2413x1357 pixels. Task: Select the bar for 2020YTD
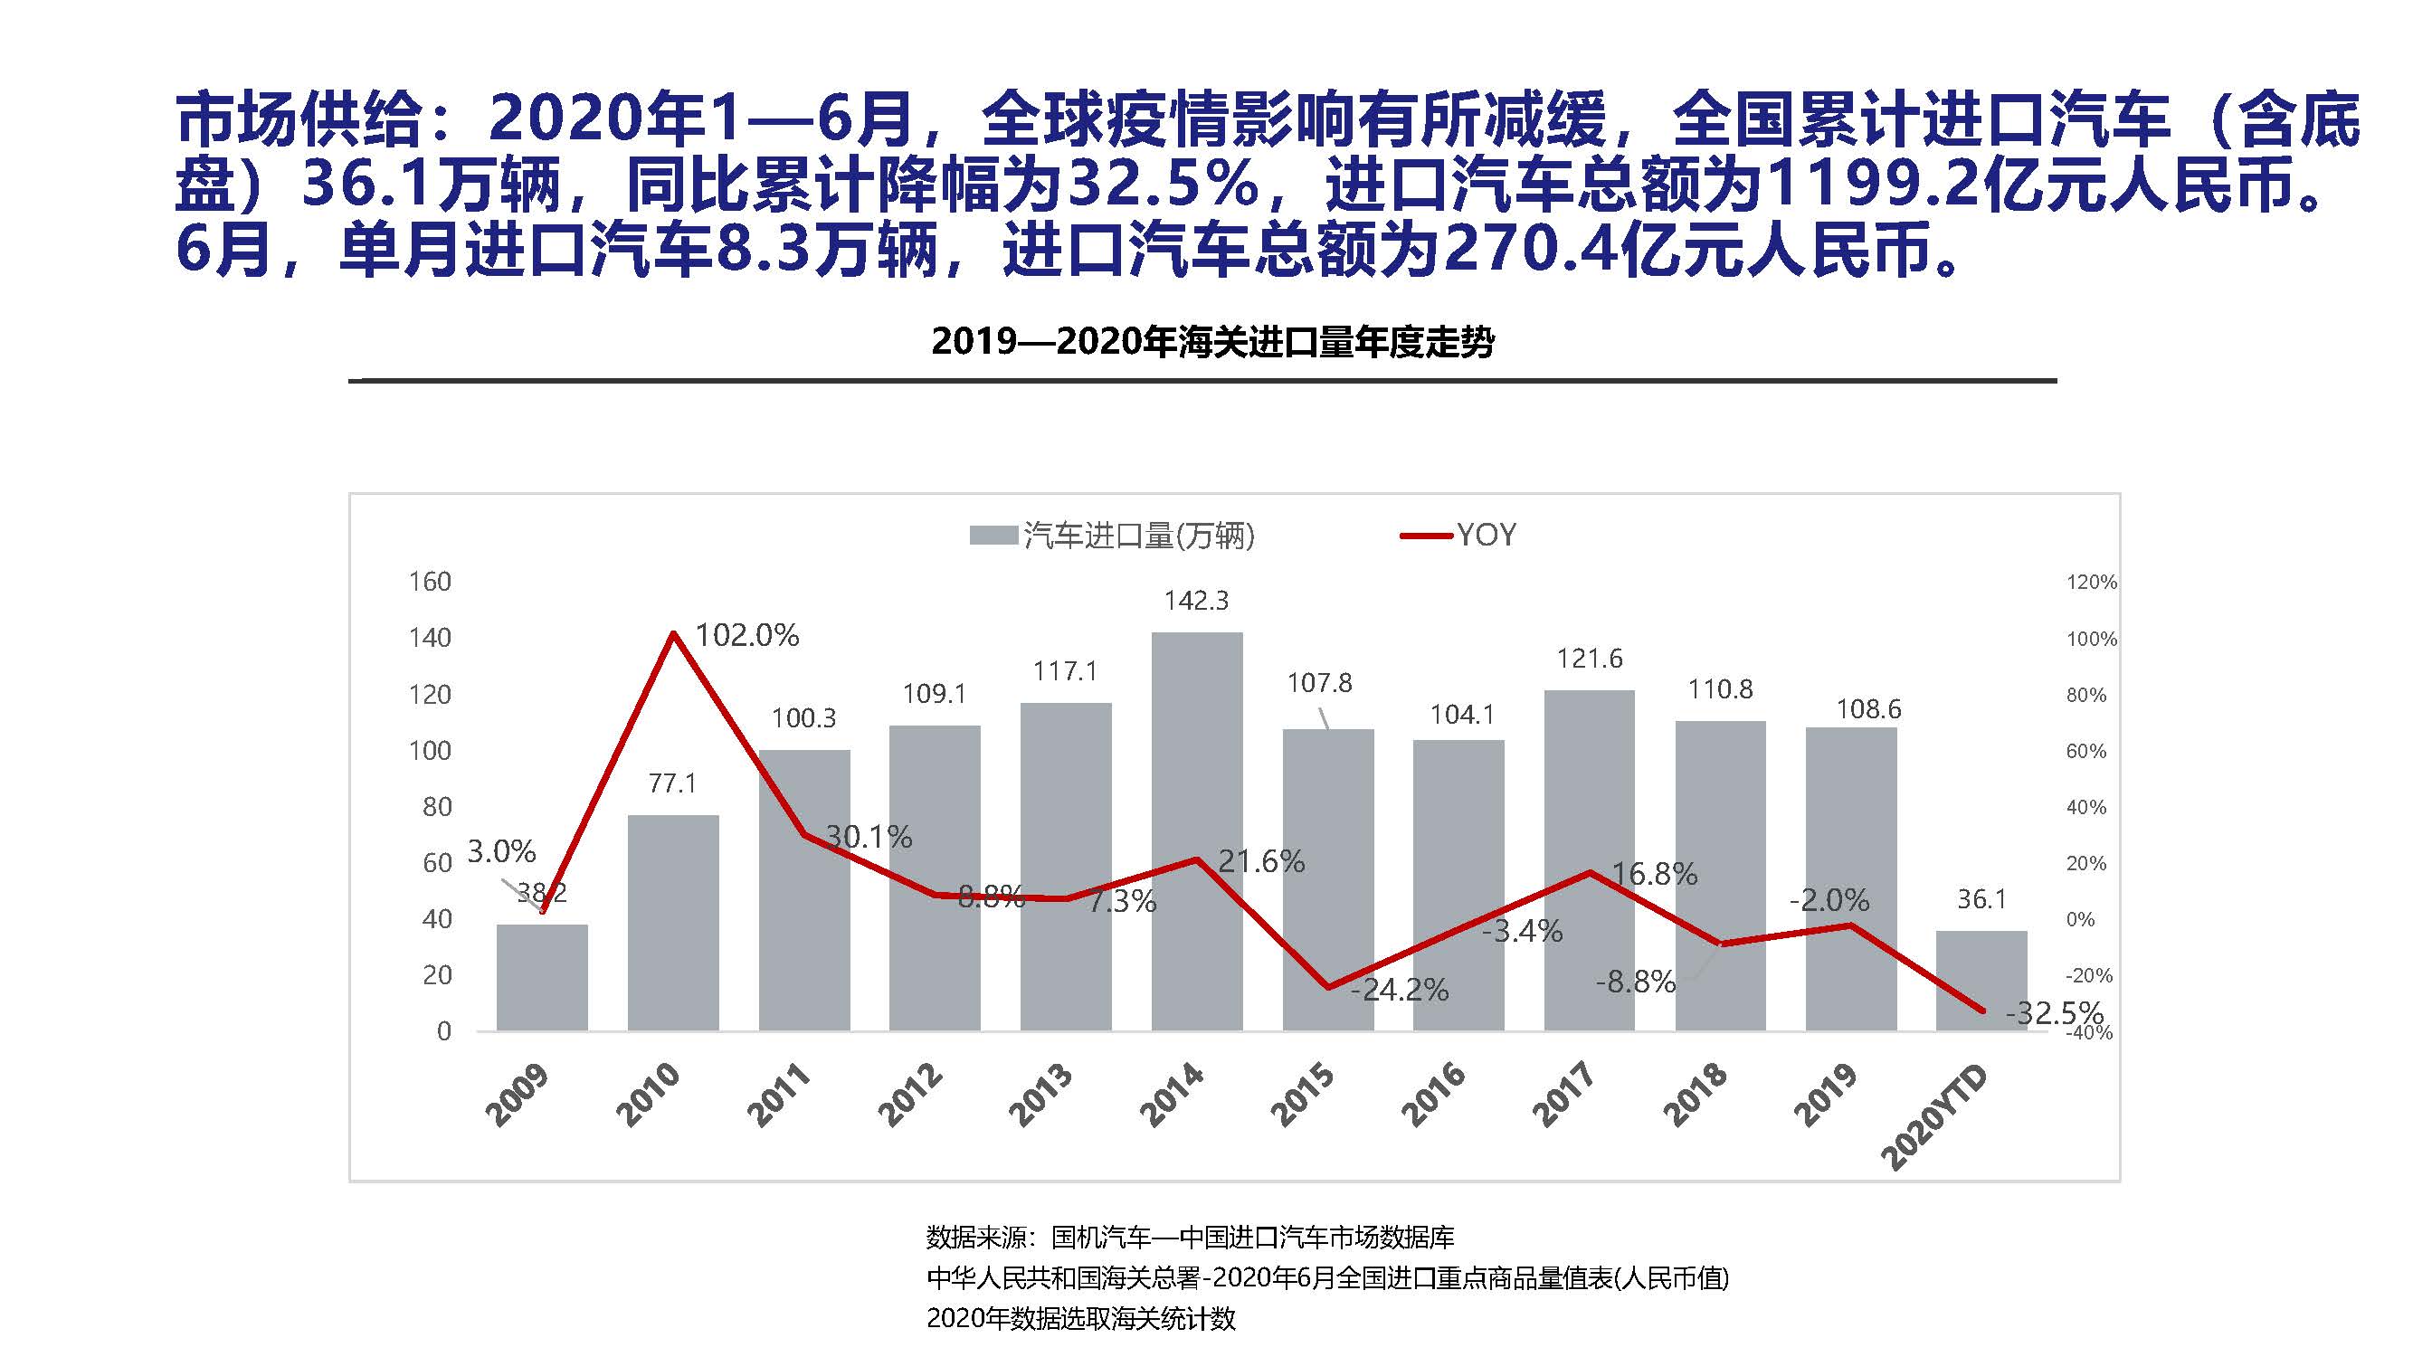click(x=1981, y=981)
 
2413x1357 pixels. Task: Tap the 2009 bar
click(x=541, y=978)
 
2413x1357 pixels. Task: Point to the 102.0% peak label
click(x=746, y=636)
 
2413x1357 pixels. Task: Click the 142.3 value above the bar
click(x=1196, y=601)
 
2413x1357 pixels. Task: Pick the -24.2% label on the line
click(x=1400, y=990)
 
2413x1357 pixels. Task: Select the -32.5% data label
click(x=2054, y=1012)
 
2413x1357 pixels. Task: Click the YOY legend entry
click(x=1485, y=535)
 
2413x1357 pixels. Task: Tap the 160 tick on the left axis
click(x=430, y=582)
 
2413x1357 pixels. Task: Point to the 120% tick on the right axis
click(x=2091, y=583)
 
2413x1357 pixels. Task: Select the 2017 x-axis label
click(x=1563, y=1094)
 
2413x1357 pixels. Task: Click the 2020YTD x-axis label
click(x=1934, y=1118)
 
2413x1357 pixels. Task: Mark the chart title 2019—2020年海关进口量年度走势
click(x=1212, y=343)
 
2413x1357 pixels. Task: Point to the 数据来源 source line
click(x=1190, y=1237)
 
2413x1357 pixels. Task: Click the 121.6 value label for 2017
click(x=1590, y=660)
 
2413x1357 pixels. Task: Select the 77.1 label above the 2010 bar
click(x=672, y=783)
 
